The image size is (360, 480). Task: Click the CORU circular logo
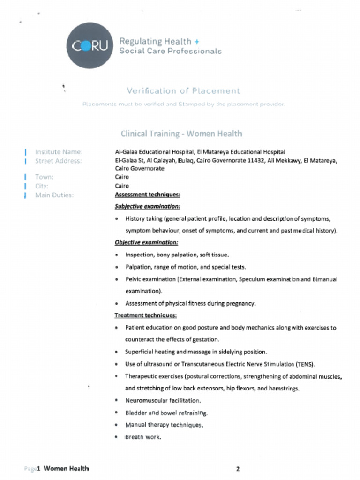click(x=90, y=45)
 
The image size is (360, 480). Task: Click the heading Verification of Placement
click(x=183, y=91)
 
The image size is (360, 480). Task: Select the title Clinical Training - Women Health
click(x=181, y=134)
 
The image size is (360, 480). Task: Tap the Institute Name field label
click(x=59, y=152)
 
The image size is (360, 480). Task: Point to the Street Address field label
click(x=58, y=161)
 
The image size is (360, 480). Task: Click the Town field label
click(x=45, y=177)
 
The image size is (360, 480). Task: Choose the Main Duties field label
click(x=54, y=195)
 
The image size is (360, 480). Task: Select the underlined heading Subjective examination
click(x=147, y=206)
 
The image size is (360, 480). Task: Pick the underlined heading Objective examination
click(x=146, y=242)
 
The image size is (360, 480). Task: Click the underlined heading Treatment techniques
click(x=145, y=315)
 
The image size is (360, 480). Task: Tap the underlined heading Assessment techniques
click(x=147, y=195)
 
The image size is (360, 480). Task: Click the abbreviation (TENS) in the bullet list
click(x=305, y=364)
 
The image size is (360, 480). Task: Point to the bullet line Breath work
click(x=143, y=437)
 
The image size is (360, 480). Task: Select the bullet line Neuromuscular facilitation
click(x=163, y=401)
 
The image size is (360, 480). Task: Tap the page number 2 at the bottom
click(x=238, y=469)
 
